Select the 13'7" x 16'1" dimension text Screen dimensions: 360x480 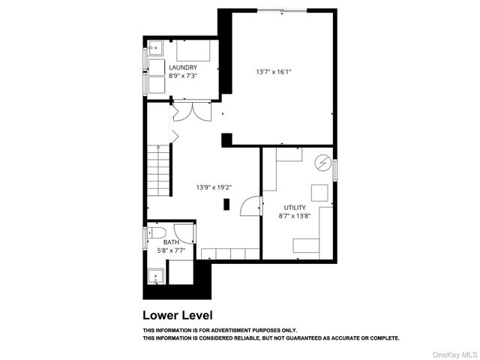click(273, 72)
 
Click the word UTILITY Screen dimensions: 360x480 click(294, 207)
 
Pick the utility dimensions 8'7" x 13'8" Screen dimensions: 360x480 click(294, 216)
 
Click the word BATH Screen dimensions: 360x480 click(172, 241)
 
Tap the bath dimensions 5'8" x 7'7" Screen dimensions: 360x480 click(172, 250)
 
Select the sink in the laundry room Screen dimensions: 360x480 click(155, 47)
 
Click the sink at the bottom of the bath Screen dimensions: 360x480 click(156, 277)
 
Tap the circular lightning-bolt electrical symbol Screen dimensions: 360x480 click(322, 162)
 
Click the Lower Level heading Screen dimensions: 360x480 click(178, 315)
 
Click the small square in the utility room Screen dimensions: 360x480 click(319, 192)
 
